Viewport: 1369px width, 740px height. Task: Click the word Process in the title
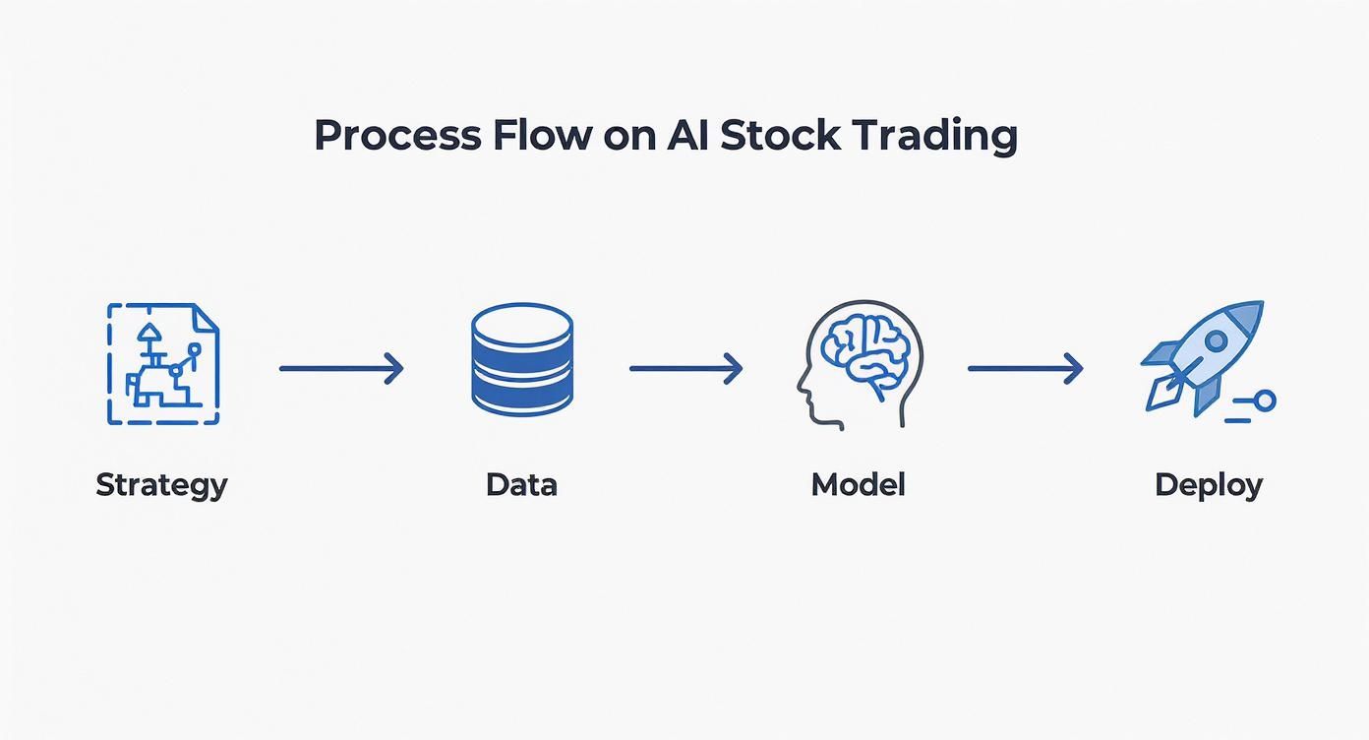[x=398, y=136]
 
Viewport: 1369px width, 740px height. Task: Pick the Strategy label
[x=161, y=485]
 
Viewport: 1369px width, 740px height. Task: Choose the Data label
[x=521, y=484]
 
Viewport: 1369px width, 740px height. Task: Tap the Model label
[x=858, y=484]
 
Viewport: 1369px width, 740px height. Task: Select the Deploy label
[x=1209, y=485]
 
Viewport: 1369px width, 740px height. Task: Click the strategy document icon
[x=163, y=364]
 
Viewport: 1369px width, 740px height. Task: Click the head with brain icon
[x=860, y=364]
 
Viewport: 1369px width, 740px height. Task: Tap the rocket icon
[x=1202, y=358]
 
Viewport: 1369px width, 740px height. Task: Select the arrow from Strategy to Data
[x=341, y=369]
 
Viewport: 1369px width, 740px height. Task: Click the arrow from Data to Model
[x=685, y=369]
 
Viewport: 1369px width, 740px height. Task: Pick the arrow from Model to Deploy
[x=1025, y=369]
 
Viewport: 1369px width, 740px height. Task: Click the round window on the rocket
[x=1217, y=340]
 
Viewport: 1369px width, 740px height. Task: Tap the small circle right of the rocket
[x=1265, y=401]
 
